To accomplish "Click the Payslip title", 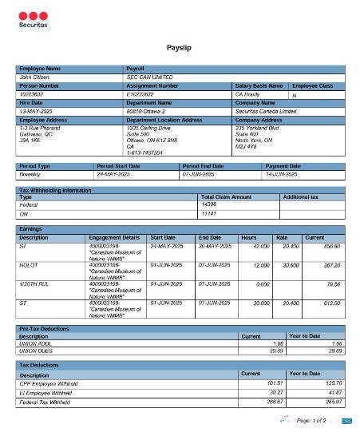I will click(x=179, y=49).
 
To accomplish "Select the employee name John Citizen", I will click(x=34, y=77).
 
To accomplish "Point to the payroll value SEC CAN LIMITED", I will click(x=150, y=77).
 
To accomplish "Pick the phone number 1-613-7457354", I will click(x=145, y=152).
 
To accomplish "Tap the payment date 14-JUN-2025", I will click(x=281, y=173).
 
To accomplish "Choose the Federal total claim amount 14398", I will click(x=209, y=204).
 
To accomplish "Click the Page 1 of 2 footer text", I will click(x=312, y=419).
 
